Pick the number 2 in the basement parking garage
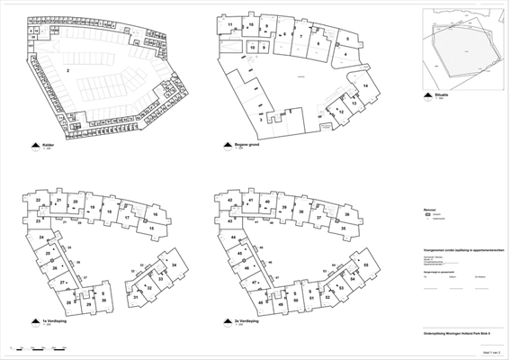[x=67, y=69]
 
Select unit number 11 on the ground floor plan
[x=230, y=25]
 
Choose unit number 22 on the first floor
[x=38, y=200]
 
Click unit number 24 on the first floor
[x=41, y=237]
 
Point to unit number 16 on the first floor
[x=155, y=214]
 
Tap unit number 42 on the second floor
[x=230, y=200]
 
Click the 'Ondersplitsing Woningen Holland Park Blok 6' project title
[x=454, y=331]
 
